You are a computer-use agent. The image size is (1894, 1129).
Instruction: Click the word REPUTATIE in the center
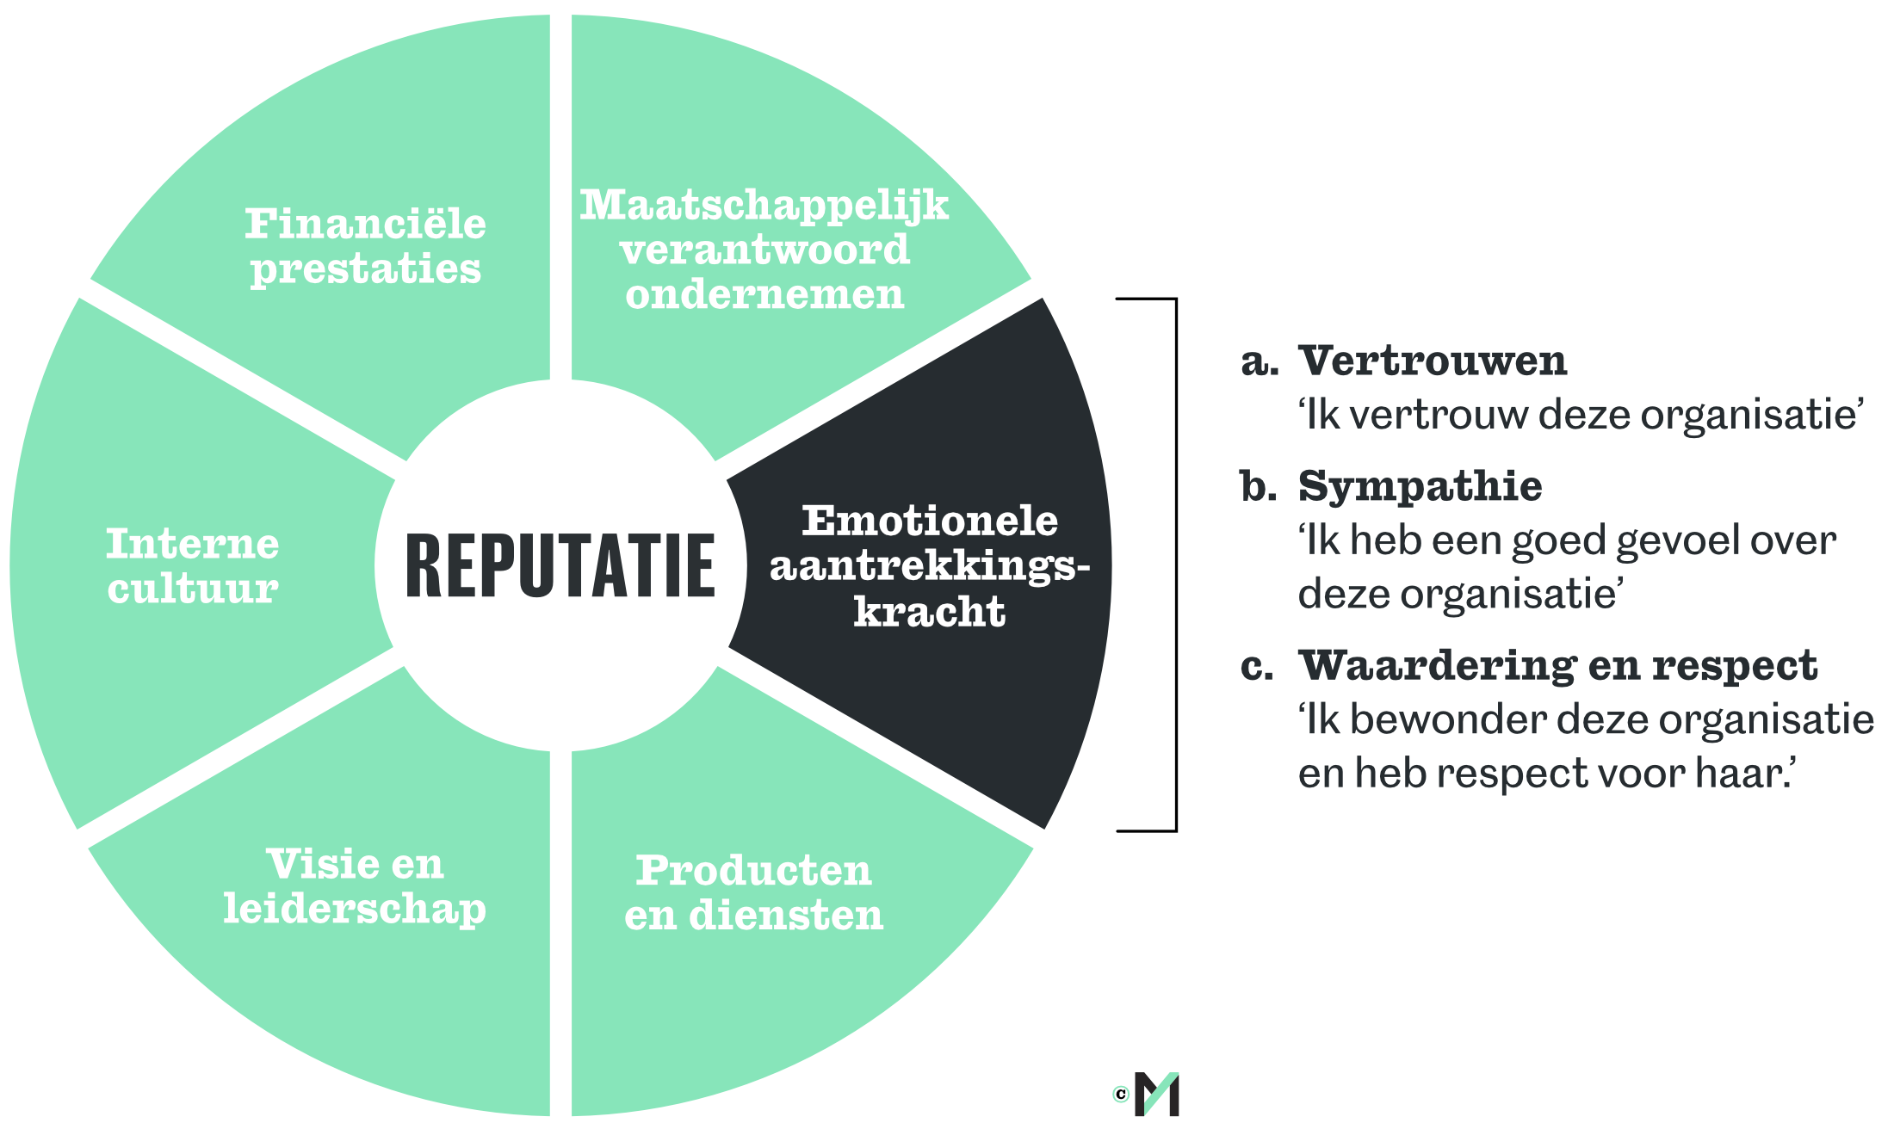[x=560, y=565]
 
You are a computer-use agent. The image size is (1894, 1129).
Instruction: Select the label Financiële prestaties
[x=366, y=246]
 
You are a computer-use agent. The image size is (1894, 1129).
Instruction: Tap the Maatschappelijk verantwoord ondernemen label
[x=764, y=250]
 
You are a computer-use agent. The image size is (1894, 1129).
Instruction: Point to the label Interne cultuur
[x=193, y=566]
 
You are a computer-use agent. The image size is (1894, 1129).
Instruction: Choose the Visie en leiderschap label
[x=355, y=886]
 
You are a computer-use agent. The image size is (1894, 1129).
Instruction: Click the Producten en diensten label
[x=754, y=892]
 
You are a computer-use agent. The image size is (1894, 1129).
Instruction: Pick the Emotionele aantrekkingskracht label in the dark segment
[x=930, y=566]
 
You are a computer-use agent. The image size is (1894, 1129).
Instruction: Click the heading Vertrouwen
[x=1433, y=361]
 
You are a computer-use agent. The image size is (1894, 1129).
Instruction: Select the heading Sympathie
[x=1420, y=486]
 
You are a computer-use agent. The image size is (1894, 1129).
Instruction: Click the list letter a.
[x=1259, y=362]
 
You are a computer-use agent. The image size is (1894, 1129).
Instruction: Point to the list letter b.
[x=1258, y=487]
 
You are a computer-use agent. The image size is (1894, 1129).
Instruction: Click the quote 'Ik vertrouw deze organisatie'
[x=1581, y=415]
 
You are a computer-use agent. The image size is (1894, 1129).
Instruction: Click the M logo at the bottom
[x=1158, y=1094]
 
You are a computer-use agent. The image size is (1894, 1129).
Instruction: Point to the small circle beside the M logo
[x=1121, y=1094]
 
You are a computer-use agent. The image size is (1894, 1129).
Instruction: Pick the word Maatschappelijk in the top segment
[x=764, y=205]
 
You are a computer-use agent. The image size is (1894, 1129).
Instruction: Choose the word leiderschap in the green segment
[x=355, y=909]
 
